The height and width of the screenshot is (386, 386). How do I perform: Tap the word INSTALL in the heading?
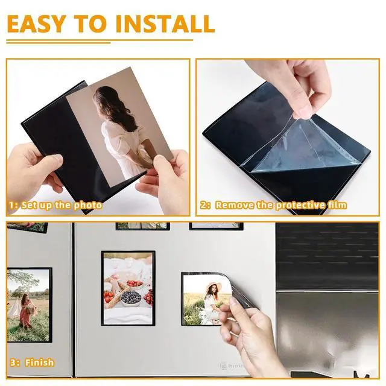coord(165,24)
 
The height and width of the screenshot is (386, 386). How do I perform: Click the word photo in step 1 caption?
coord(88,205)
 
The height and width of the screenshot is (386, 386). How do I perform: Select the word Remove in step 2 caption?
coord(235,205)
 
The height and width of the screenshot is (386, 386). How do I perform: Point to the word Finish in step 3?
coord(39,362)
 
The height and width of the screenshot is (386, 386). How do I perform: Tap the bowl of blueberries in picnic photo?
coord(131,299)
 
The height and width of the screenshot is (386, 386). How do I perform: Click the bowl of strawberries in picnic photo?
coord(134,284)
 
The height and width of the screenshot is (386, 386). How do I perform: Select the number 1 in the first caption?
coord(11,205)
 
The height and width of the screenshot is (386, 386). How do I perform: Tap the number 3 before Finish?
coord(13,362)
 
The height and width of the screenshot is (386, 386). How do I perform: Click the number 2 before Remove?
coord(204,205)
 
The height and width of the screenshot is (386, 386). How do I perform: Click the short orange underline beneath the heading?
coord(59,43)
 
